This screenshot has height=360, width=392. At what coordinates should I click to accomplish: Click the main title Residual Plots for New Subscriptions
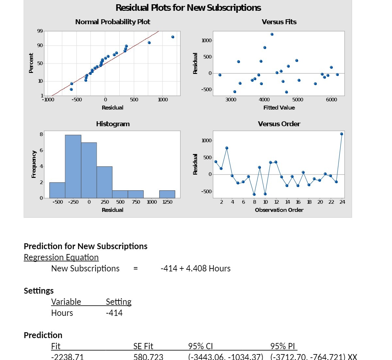click(x=188, y=8)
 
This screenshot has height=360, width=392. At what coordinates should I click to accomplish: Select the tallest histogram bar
click(x=73, y=166)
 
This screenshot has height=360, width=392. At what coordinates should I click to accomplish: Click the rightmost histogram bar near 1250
click(x=167, y=194)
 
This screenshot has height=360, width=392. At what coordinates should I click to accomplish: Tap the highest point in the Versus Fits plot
click(x=272, y=34)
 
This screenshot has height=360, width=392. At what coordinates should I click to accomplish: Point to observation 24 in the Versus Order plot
click(x=342, y=134)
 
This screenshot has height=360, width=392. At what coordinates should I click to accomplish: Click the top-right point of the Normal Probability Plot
click(x=173, y=37)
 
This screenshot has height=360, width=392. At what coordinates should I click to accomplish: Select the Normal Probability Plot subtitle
click(x=112, y=22)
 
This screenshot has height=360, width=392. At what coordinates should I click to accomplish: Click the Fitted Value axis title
click(x=279, y=108)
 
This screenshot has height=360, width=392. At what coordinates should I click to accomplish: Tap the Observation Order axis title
click(x=279, y=210)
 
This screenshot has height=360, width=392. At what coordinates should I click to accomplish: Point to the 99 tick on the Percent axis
click(x=40, y=31)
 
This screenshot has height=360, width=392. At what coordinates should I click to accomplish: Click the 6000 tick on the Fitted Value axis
click(x=331, y=100)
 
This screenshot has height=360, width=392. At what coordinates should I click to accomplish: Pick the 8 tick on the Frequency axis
click(x=41, y=134)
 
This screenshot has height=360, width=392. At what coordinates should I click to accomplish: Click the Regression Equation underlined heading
click(x=61, y=257)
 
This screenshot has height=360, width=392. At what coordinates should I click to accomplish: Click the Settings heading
click(x=39, y=291)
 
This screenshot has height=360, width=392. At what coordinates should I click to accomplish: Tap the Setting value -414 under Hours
click(x=114, y=313)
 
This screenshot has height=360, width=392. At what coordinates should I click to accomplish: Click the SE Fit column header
click(x=143, y=346)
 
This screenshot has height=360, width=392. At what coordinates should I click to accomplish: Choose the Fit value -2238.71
click(x=67, y=356)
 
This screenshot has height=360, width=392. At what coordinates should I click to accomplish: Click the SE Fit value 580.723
click(x=148, y=356)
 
